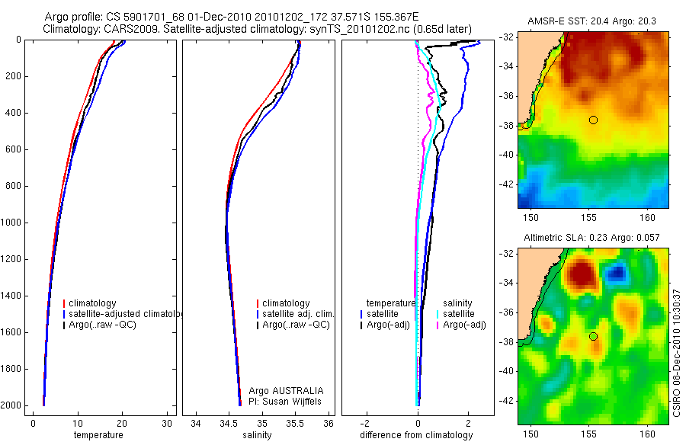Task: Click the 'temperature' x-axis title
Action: tap(98, 435)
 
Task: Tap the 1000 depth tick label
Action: tap(11, 223)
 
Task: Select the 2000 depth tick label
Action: tap(11, 405)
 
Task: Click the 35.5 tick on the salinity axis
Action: tap(296, 424)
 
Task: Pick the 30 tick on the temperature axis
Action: tap(167, 424)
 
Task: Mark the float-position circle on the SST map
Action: tap(593, 120)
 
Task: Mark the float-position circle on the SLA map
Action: tap(593, 336)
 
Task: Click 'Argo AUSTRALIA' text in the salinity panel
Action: tap(287, 390)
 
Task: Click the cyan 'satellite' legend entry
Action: tap(459, 314)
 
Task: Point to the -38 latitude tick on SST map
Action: tap(507, 125)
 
